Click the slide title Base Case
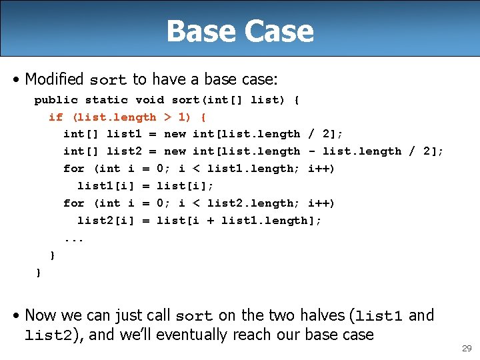point(240,31)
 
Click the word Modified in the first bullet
point(54,79)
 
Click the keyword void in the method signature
point(149,100)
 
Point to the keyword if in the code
point(55,117)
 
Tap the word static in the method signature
point(106,100)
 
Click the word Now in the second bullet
point(41,315)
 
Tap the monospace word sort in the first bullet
point(108,80)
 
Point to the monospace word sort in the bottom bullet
point(194,316)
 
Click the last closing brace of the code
point(38,272)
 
